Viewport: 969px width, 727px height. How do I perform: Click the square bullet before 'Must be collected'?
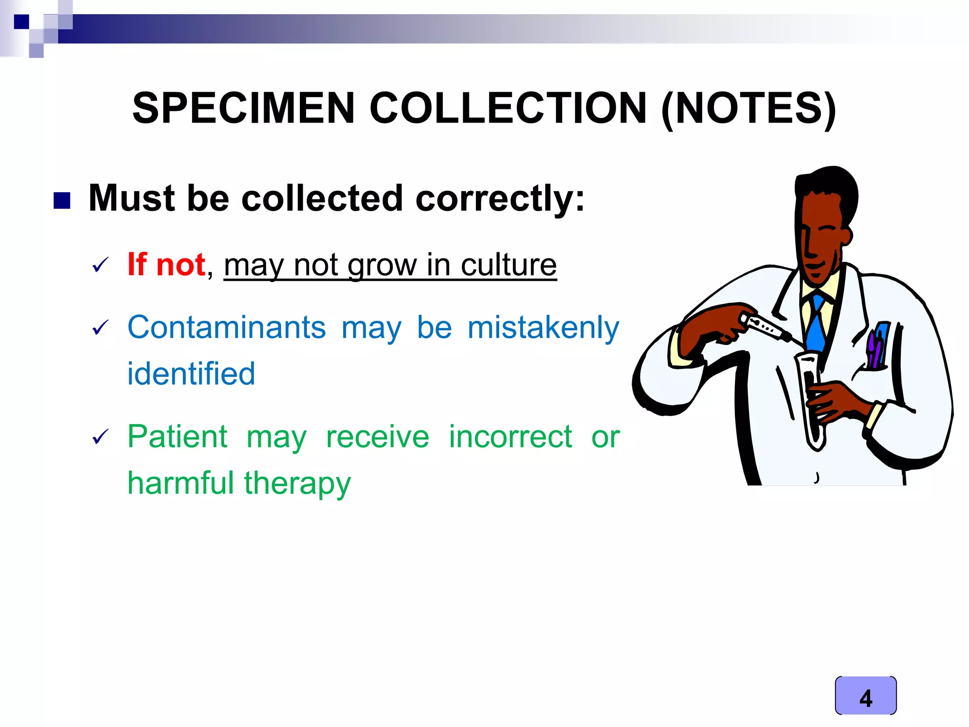tap(62, 200)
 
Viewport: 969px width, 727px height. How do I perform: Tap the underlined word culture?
tap(509, 265)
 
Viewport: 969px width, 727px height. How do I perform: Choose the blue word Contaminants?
tap(227, 327)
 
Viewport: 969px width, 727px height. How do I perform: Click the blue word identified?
tap(191, 373)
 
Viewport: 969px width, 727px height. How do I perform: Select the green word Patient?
tap(177, 436)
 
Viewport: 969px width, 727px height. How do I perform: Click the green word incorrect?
tap(510, 436)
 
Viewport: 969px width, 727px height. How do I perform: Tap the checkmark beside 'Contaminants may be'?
tap(100, 327)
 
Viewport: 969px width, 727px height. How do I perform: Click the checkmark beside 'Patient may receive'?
tap(100, 436)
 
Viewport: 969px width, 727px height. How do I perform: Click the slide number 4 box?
tap(865, 695)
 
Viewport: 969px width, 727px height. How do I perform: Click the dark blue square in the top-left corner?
tap(21, 22)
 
